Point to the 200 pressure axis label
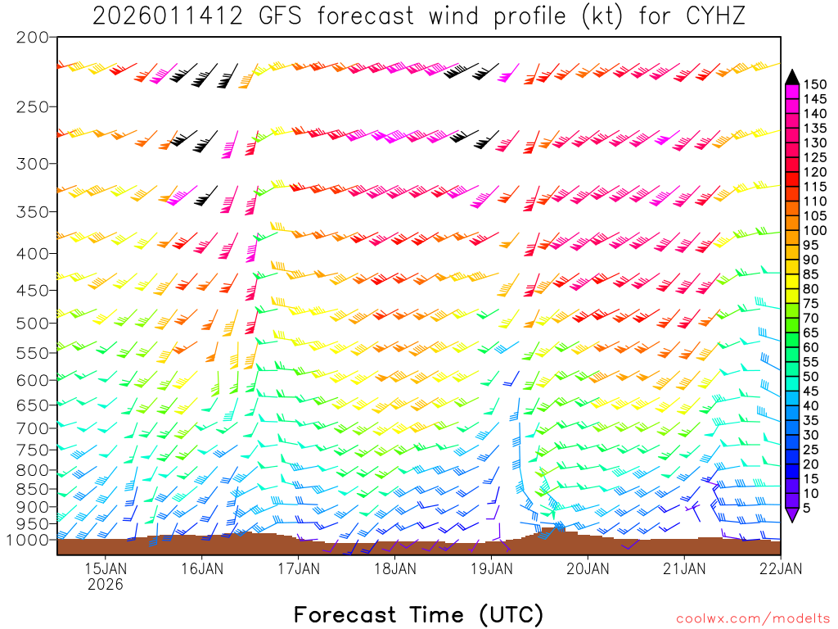(33, 38)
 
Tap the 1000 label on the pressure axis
(27, 540)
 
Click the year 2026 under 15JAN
(105, 584)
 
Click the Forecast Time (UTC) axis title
(418, 614)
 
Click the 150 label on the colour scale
(815, 84)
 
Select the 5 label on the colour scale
(809, 509)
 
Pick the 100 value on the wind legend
(815, 230)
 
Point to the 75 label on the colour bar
(812, 304)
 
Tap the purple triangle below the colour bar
(792, 515)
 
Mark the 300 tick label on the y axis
(33, 164)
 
